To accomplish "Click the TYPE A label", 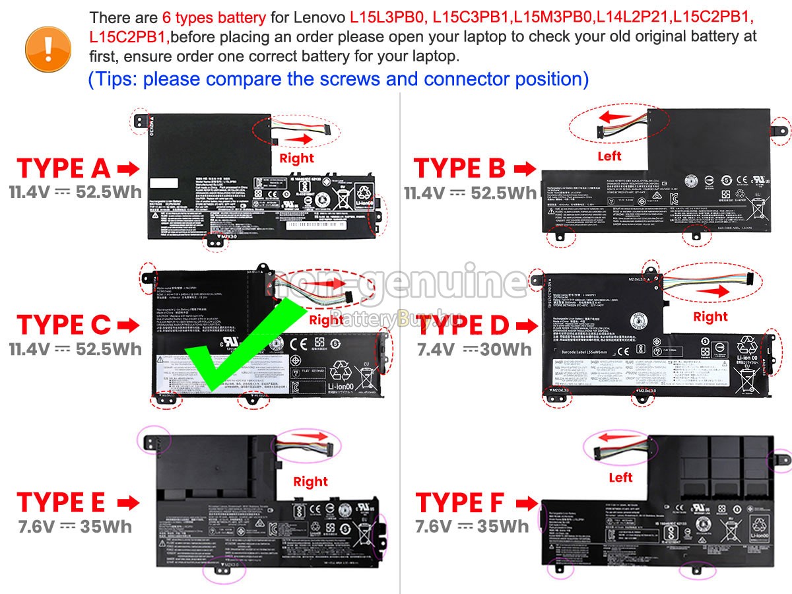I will coord(63,169).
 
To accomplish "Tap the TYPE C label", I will coord(63,325).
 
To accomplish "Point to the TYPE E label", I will coord(61,503).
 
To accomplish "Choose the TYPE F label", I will coord(459,503).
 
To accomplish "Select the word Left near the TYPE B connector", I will coord(609,156).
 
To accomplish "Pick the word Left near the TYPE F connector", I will coord(620,477).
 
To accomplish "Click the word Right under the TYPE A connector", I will coord(296,158).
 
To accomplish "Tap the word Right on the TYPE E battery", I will coord(310,482).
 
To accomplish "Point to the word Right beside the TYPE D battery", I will coord(710,317).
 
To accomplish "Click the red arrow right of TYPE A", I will coord(128,170).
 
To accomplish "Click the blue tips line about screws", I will coord(338,79).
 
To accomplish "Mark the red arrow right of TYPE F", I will coord(526,504).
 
